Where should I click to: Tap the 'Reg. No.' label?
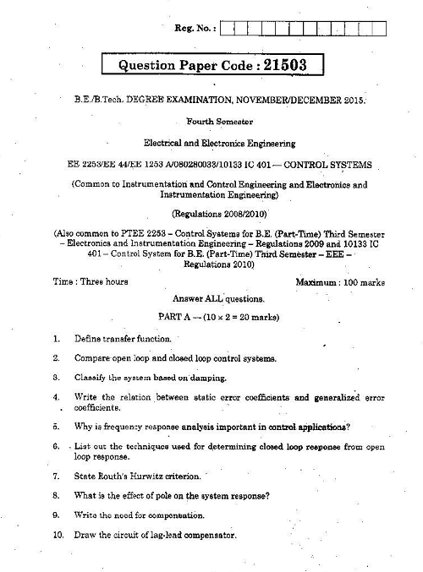(x=195, y=29)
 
